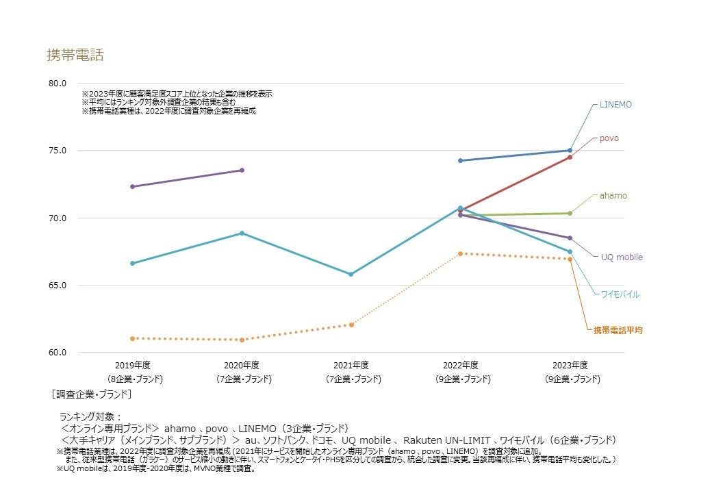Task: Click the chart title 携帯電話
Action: click(x=75, y=55)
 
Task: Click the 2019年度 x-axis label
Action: click(x=134, y=365)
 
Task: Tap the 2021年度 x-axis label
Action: click(x=352, y=365)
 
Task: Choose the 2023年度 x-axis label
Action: click(x=570, y=365)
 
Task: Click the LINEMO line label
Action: click(x=615, y=105)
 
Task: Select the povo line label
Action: click(x=609, y=138)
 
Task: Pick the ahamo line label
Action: click(x=613, y=196)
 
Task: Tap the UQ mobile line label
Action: click(x=622, y=257)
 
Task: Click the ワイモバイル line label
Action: click(x=620, y=294)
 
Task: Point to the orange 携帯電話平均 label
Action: click(x=618, y=331)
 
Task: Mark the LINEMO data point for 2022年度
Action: click(x=461, y=161)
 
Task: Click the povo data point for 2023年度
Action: click(x=570, y=157)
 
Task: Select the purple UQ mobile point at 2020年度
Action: click(x=242, y=170)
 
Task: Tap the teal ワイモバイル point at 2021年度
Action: click(x=351, y=275)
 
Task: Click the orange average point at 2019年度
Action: click(x=132, y=338)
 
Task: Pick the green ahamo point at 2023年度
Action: click(x=570, y=213)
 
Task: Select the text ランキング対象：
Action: click(x=90, y=416)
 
